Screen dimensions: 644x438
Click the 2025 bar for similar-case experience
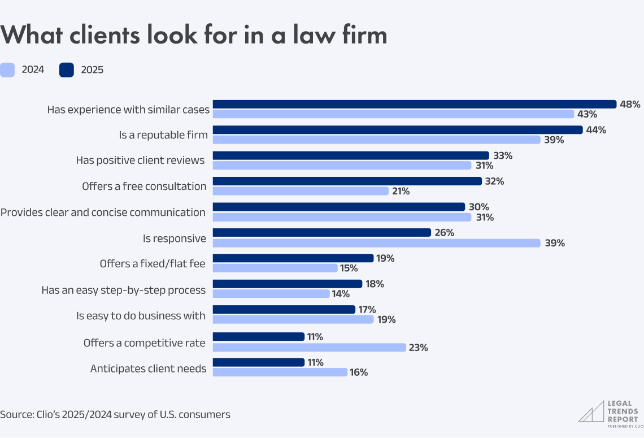pos(414,104)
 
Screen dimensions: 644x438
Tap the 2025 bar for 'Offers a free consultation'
pos(347,181)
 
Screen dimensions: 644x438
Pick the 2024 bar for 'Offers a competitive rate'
pos(309,348)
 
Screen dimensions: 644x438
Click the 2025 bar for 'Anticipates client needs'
pos(259,362)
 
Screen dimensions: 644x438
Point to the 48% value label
pos(630,104)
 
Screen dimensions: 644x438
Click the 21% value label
pos(401,191)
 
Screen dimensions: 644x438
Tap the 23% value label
pos(419,348)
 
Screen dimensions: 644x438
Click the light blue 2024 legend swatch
pos(7,70)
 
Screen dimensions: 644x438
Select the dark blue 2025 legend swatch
pos(66,70)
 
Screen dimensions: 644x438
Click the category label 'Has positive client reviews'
pos(140,161)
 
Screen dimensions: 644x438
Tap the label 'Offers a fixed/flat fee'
pos(153,263)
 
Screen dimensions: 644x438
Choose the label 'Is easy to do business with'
pos(141,315)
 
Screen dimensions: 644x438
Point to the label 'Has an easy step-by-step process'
pos(123,290)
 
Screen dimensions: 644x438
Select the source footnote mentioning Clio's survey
pos(115,414)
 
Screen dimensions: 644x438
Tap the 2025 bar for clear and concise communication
pos(338,207)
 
